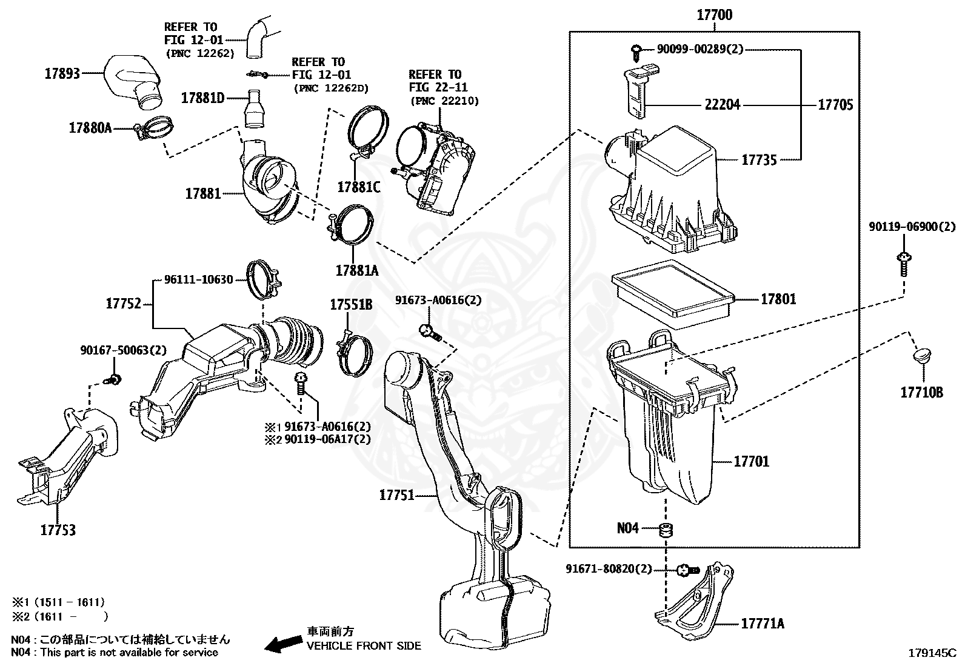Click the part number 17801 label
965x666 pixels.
[x=778, y=299]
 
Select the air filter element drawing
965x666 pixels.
[x=673, y=293]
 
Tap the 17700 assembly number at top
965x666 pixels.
[x=714, y=15]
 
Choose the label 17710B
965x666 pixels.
[x=921, y=393]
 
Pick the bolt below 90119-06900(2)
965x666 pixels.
[x=903, y=264]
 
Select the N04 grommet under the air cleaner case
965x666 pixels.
[x=666, y=530]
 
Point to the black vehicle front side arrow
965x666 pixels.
[x=284, y=644]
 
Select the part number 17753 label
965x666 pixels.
[x=58, y=530]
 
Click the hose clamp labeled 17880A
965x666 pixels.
[x=155, y=127]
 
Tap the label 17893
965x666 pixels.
[x=62, y=74]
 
